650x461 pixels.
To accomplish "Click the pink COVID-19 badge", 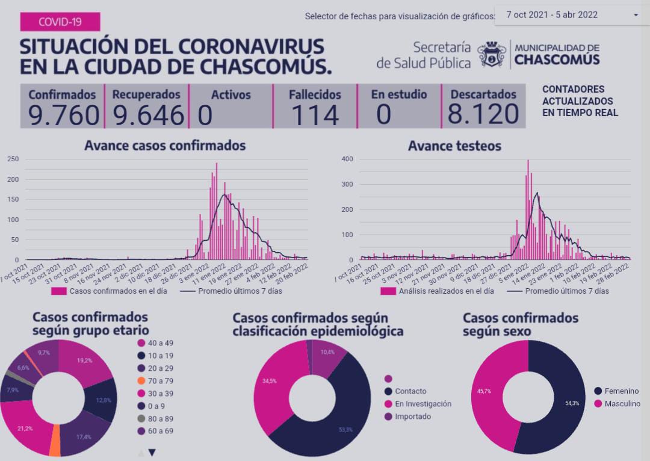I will (60, 22).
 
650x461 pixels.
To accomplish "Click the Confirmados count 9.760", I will (63, 115).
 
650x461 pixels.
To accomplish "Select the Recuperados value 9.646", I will (148, 115).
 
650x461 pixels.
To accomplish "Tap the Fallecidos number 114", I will (315, 115).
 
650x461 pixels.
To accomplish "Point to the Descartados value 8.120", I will (483, 115).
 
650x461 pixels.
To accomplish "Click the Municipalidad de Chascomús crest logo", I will (492, 55).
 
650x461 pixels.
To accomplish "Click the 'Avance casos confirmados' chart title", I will (165, 146).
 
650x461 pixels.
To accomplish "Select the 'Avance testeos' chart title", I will (454, 146).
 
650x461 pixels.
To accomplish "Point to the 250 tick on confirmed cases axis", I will (13, 159).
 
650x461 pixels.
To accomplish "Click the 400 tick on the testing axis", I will (347, 159).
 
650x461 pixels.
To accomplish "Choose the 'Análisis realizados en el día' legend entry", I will (438, 291).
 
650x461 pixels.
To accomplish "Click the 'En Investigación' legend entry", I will (422, 404).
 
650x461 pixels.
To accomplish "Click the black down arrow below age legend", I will (152, 453).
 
